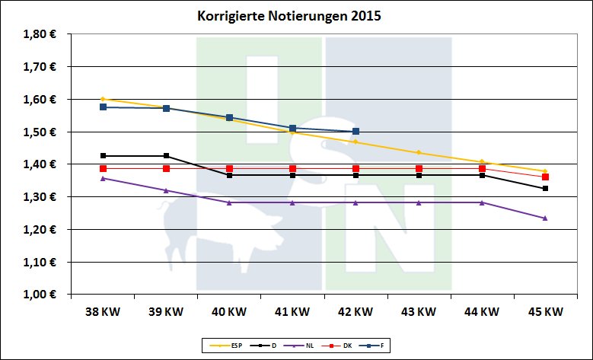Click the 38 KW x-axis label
click(x=102, y=311)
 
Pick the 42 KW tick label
click(x=355, y=311)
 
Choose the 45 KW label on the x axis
click(x=544, y=311)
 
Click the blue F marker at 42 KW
click(x=355, y=132)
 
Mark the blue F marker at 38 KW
click(x=103, y=107)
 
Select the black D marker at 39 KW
click(x=166, y=156)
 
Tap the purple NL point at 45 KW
click(x=545, y=218)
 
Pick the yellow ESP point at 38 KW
click(x=103, y=99)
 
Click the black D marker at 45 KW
click(x=545, y=188)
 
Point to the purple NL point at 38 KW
click(x=103, y=178)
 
